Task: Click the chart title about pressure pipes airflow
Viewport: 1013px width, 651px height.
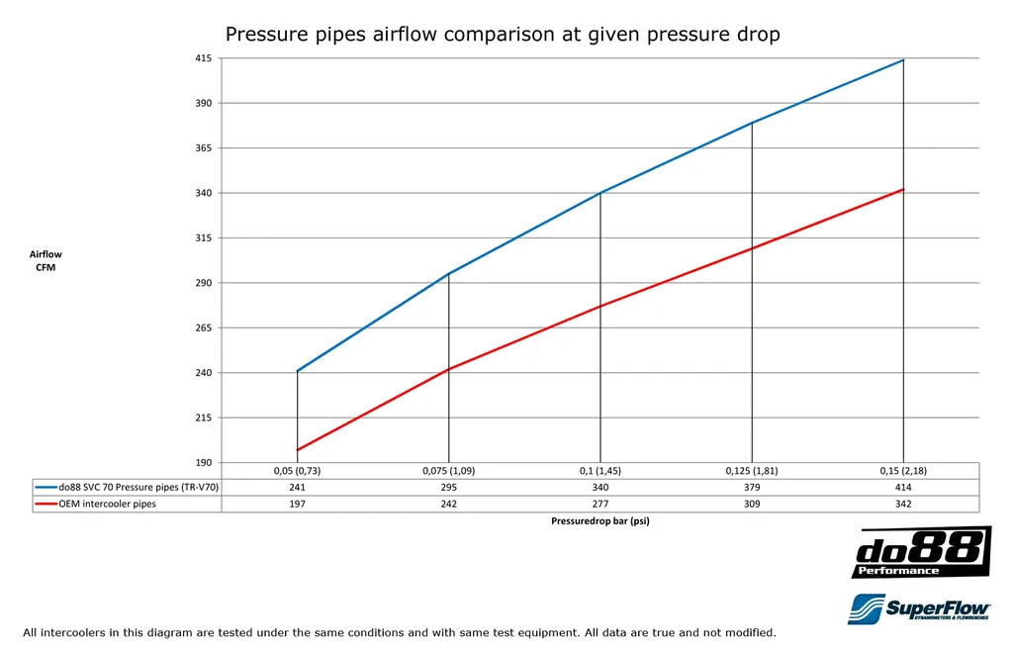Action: click(503, 35)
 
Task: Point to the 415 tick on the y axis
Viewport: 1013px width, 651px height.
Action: click(203, 58)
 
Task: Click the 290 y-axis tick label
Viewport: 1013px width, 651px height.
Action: click(203, 283)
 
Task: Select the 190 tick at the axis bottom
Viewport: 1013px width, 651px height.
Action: click(203, 463)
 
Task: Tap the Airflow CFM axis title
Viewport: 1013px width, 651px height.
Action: click(46, 261)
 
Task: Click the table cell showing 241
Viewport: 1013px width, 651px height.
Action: click(297, 487)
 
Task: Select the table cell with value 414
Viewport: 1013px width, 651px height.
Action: click(903, 487)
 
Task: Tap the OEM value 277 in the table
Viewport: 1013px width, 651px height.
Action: click(600, 504)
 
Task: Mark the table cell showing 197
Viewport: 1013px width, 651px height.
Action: click(297, 504)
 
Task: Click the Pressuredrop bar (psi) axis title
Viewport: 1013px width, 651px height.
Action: click(600, 521)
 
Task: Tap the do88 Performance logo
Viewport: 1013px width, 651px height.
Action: click(921, 553)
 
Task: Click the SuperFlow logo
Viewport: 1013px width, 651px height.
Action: click(919, 608)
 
